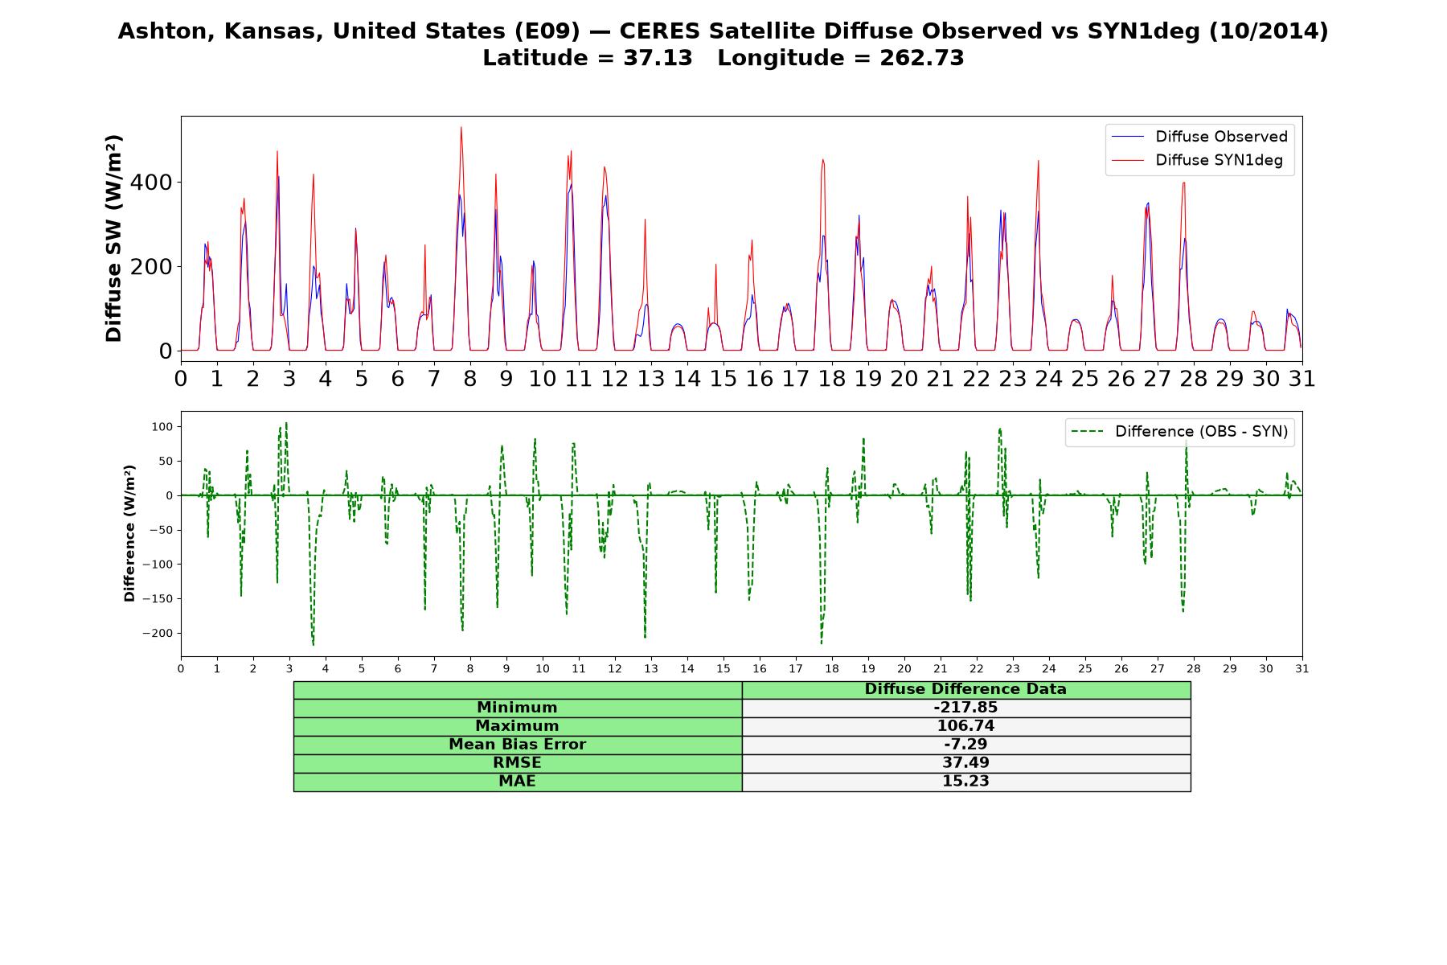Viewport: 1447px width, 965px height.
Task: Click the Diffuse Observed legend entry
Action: (x=1199, y=137)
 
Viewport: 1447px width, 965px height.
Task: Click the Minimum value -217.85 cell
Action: (x=965, y=708)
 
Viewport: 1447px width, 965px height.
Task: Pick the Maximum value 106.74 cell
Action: (x=965, y=726)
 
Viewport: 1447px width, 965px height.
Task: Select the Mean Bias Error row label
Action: (x=517, y=745)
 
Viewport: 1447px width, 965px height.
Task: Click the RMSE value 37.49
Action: (x=965, y=763)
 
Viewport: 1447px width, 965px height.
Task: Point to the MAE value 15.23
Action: (x=965, y=782)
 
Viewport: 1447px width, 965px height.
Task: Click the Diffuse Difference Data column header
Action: (x=965, y=689)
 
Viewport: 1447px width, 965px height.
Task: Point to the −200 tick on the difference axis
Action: (x=158, y=633)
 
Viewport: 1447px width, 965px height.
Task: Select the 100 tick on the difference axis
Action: (x=163, y=426)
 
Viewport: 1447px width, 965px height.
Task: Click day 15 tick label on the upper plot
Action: (x=723, y=378)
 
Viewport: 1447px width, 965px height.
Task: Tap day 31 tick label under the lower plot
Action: (x=1301, y=669)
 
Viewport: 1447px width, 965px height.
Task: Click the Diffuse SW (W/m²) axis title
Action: (x=113, y=239)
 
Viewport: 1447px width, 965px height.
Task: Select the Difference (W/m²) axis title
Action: (x=129, y=534)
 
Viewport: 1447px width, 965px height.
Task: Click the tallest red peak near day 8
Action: (x=461, y=127)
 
